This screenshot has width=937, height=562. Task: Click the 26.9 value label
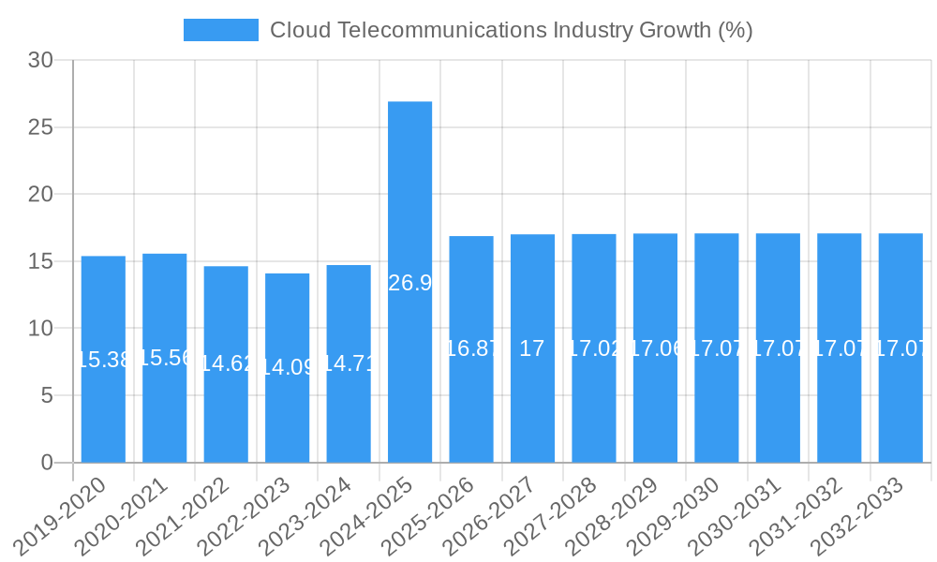click(x=409, y=283)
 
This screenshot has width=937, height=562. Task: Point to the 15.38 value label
click(x=103, y=360)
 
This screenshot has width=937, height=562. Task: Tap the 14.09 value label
click(x=287, y=367)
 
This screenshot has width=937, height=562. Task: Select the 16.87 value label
click(x=471, y=349)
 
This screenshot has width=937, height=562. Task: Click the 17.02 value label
click(x=594, y=349)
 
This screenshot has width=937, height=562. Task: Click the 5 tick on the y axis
click(x=47, y=395)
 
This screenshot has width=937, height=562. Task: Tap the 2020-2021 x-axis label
click(x=122, y=516)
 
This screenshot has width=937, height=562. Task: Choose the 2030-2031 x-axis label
click(x=735, y=516)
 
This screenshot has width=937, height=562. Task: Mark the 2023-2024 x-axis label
click(x=305, y=516)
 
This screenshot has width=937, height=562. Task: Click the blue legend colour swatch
click(x=220, y=30)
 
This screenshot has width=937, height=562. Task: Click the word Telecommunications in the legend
click(x=440, y=30)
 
